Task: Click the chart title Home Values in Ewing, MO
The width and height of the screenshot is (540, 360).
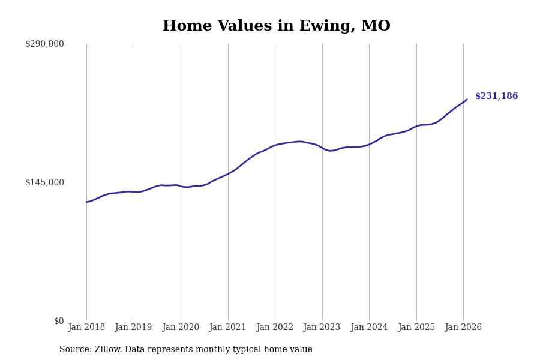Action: tap(276, 26)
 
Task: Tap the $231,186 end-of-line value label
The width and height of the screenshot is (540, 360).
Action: tap(496, 97)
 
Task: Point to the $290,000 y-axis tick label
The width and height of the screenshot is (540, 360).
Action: tap(44, 44)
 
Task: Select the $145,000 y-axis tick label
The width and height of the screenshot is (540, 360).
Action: tap(44, 182)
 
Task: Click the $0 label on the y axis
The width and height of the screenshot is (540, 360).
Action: tap(59, 321)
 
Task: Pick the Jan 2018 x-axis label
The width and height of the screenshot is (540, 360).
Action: tap(86, 328)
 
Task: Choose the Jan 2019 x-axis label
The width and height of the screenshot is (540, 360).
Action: tap(133, 328)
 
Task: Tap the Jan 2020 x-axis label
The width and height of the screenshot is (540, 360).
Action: tap(181, 328)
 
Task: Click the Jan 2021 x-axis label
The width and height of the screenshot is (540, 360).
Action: tap(227, 328)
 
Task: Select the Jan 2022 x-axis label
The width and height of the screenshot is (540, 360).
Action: tap(275, 328)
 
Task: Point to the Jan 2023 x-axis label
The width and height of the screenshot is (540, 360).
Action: tap(322, 328)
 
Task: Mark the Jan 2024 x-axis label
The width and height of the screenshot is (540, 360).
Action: tap(369, 328)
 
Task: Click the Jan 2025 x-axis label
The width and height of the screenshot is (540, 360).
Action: tap(416, 328)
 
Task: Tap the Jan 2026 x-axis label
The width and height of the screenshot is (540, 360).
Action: tap(463, 328)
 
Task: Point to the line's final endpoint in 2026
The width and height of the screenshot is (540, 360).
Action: tap(467, 100)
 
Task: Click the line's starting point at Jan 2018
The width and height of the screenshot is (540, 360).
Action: tap(86, 202)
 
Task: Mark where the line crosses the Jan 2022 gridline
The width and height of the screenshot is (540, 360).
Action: tap(275, 145)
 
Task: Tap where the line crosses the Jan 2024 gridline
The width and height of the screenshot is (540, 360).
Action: tap(369, 144)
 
